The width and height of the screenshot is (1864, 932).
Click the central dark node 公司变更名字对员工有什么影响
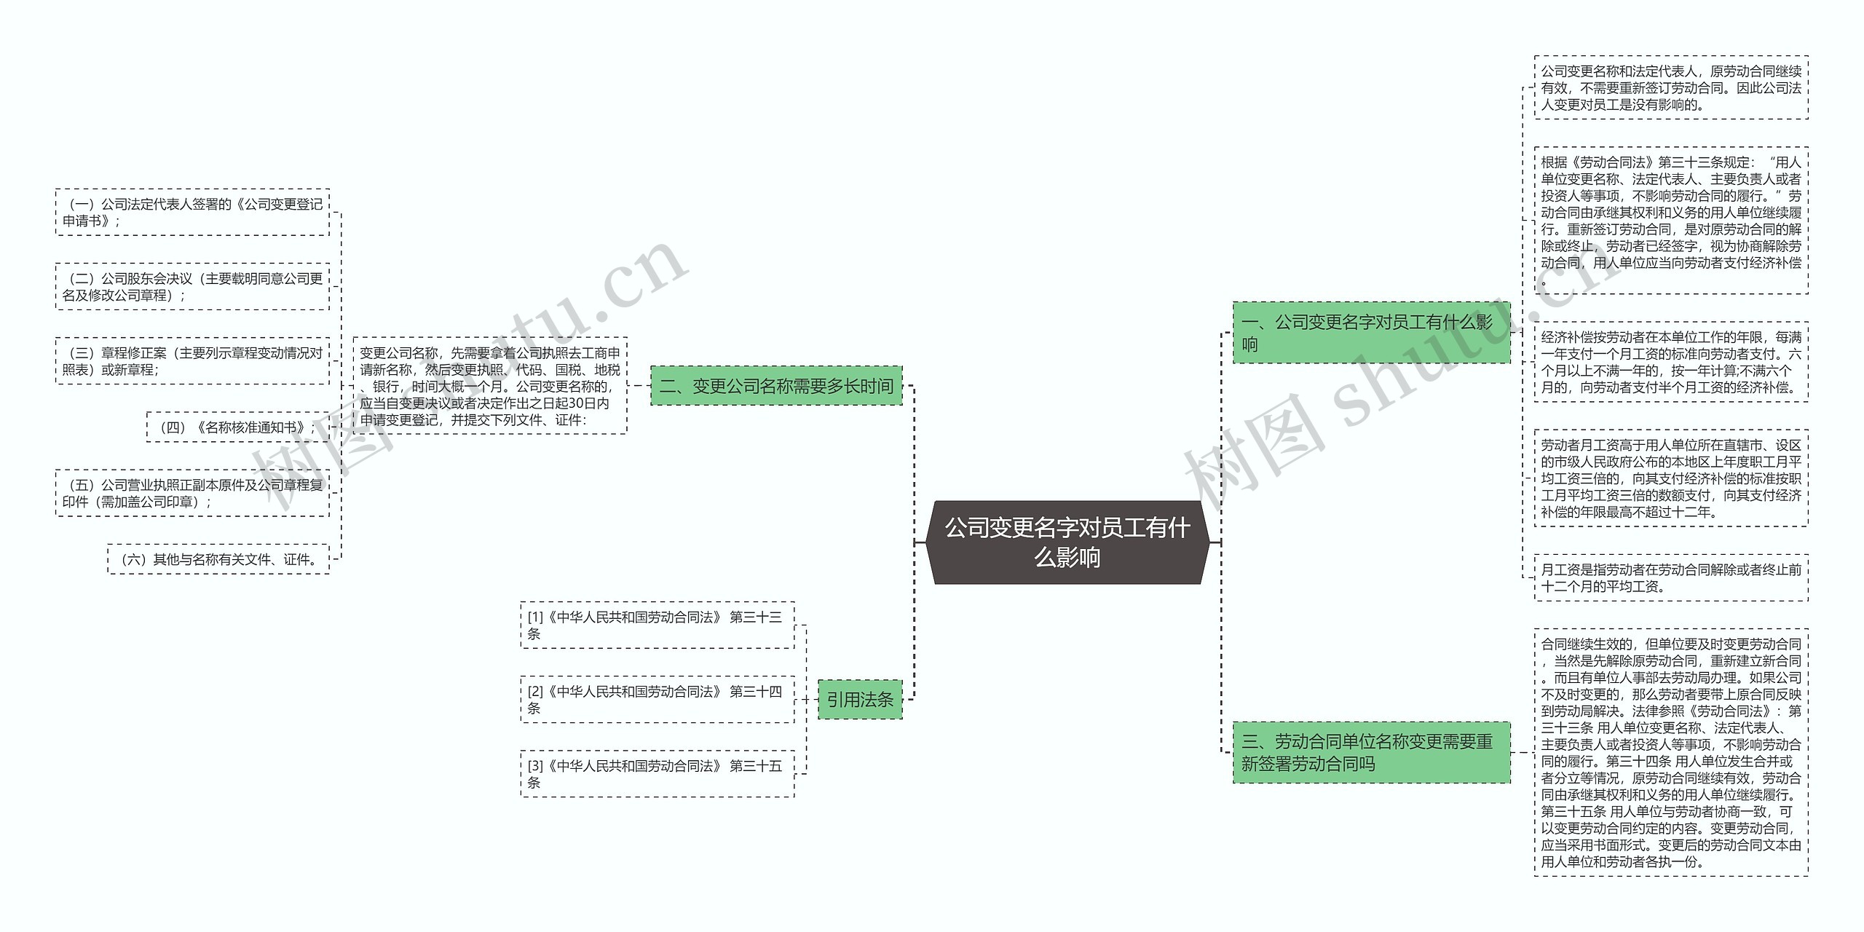[x=1067, y=542]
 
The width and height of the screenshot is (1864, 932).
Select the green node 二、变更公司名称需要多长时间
[x=776, y=386]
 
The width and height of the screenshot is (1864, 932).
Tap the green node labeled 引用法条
[x=860, y=700]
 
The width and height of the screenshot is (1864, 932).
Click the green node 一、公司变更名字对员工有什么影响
[x=1371, y=333]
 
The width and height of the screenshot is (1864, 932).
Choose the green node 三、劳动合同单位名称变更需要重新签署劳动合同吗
[x=1371, y=752]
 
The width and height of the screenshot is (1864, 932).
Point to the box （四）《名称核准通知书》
[x=237, y=427]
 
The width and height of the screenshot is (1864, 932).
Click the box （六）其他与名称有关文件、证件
[x=218, y=559]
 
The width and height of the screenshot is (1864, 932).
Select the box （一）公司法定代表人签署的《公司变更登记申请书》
[x=192, y=213]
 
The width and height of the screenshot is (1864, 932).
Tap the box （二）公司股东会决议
[x=192, y=287]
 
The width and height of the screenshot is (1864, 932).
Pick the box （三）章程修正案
[x=192, y=361]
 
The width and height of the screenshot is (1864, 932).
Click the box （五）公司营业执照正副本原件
[x=192, y=493]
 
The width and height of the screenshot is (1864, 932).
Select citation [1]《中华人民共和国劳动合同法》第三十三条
[x=657, y=625]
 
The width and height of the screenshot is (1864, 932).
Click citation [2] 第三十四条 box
[x=657, y=700]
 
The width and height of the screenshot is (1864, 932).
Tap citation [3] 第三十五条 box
[x=657, y=774]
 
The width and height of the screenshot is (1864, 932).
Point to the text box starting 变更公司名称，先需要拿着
[x=489, y=386]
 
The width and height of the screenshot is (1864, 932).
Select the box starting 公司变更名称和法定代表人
[x=1670, y=88]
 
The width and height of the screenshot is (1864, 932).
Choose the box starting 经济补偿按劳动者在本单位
[x=1670, y=362]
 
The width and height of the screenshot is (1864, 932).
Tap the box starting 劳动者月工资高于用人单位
[x=1670, y=478]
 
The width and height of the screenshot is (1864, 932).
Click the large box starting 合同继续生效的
[x=1670, y=752]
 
